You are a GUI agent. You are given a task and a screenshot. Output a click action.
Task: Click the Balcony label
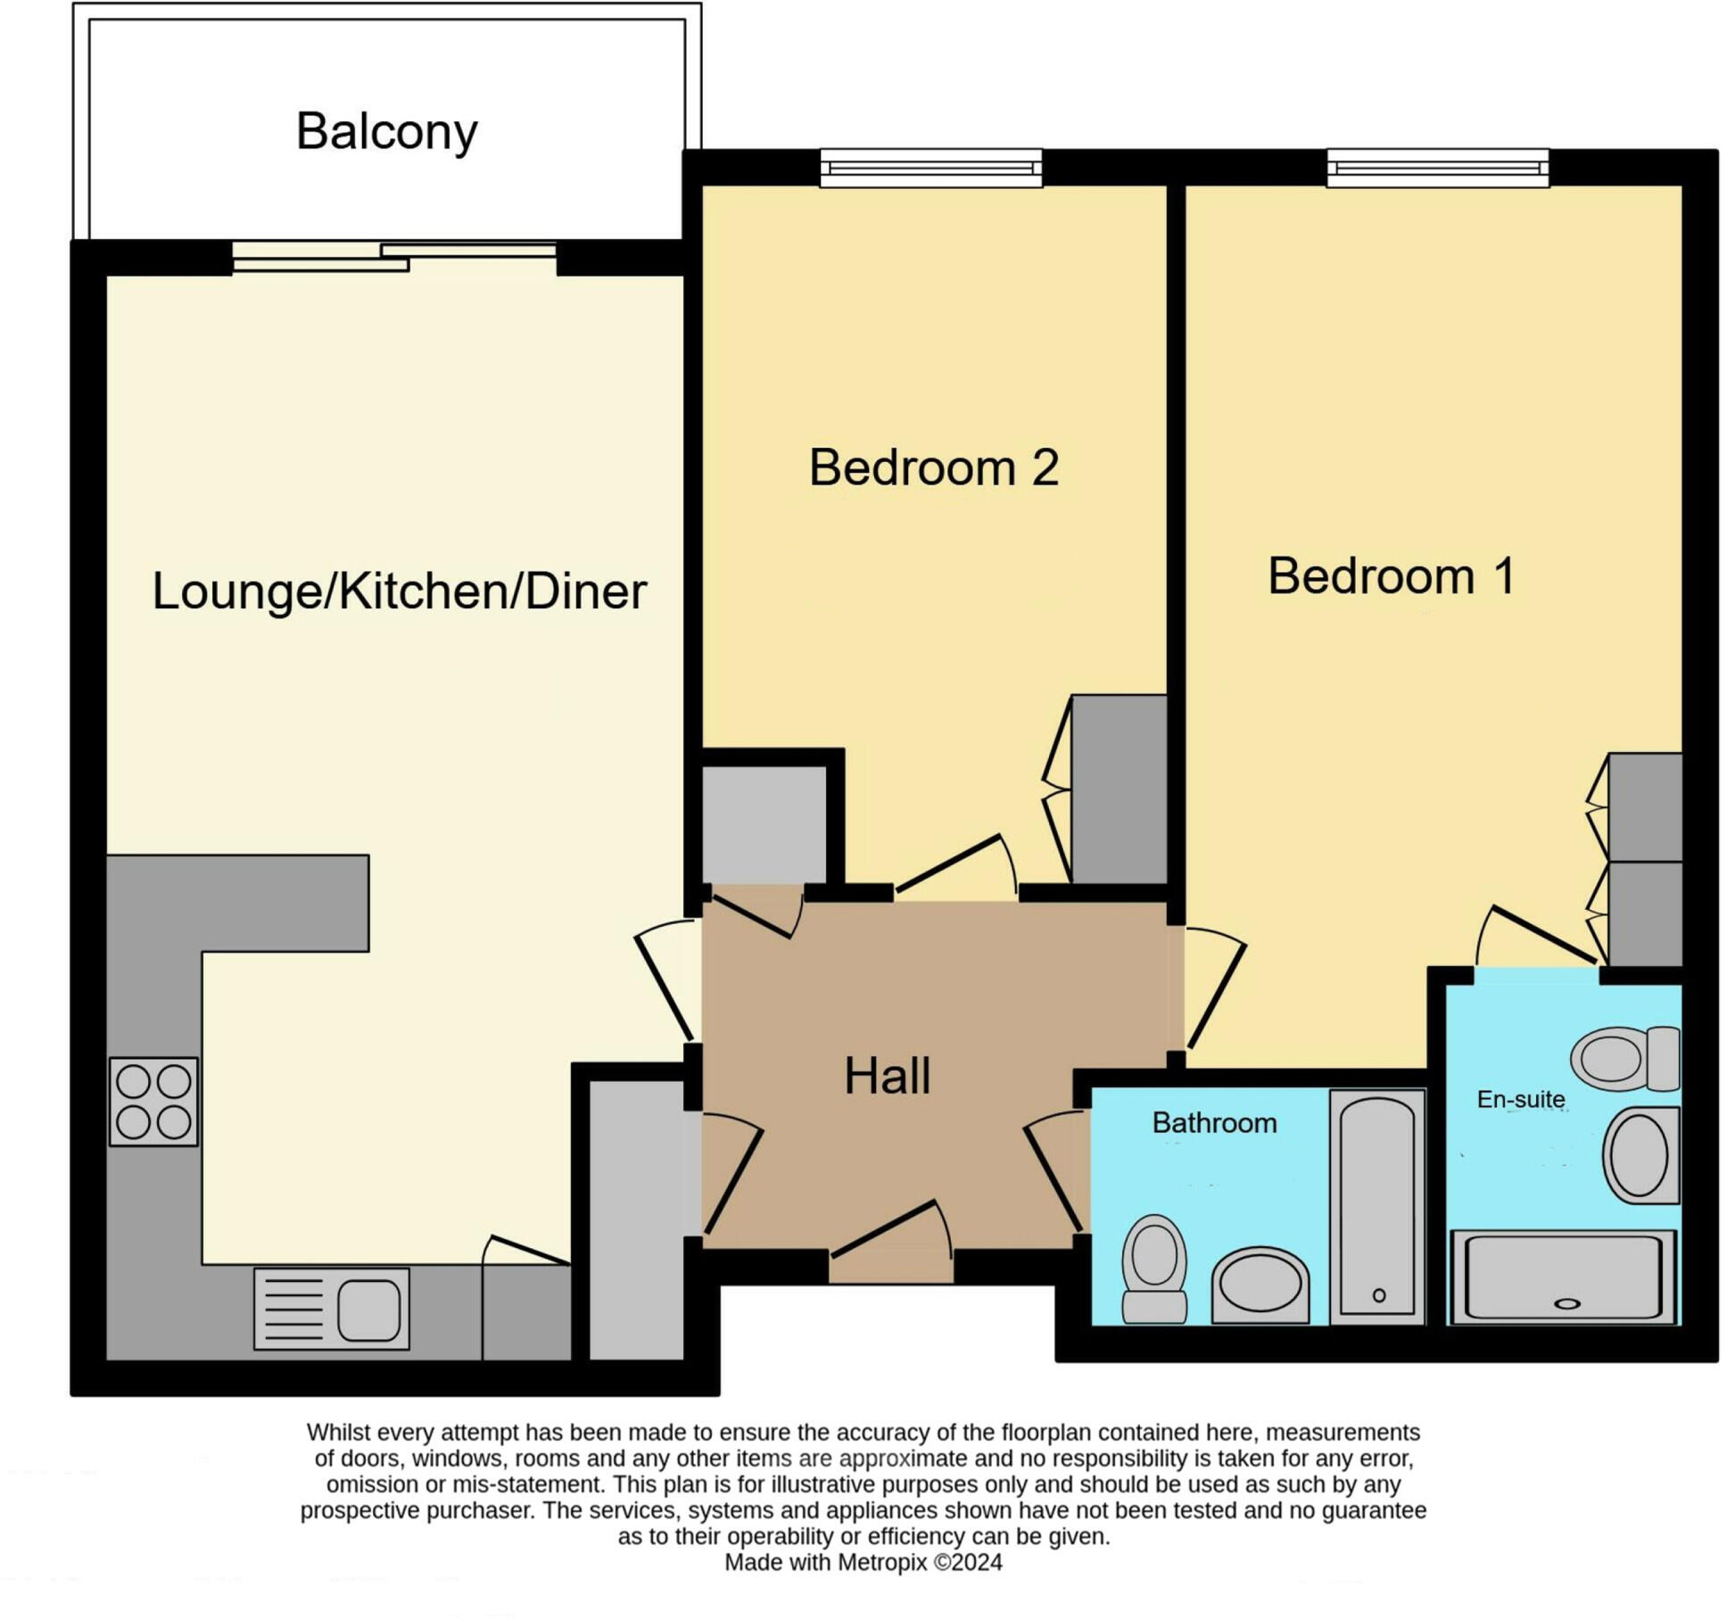tap(386, 132)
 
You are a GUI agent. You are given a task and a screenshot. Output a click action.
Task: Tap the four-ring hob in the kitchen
tap(153, 1102)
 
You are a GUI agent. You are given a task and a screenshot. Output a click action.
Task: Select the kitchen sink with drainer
tap(331, 1309)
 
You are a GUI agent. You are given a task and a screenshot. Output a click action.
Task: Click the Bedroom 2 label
tap(933, 467)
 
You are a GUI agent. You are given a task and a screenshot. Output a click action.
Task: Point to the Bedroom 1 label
tap(1391, 576)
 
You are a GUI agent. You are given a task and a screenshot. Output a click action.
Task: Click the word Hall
tap(887, 1076)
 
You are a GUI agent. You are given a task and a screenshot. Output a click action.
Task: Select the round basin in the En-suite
tap(1640, 1156)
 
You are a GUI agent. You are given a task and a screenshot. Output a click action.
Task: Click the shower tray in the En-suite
tap(1563, 1277)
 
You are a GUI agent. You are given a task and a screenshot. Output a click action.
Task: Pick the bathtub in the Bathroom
tap(1376, 1206)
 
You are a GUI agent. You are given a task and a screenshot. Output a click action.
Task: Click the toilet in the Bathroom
tap(1154, 1269)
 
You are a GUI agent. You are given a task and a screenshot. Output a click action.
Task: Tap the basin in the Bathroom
tap(1260, 1285)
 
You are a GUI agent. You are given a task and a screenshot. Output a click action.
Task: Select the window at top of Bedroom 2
tap(930, 168)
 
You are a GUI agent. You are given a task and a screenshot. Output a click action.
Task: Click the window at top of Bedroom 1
tap(1437, 168)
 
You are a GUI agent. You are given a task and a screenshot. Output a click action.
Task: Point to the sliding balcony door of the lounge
tap(393, 256)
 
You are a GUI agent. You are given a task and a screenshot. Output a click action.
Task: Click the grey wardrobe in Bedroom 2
tap(1119, 789)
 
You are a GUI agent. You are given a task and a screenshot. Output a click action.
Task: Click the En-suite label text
tap(1520, 1100)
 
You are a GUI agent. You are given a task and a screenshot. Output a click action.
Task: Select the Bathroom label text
tap(1214, 1123)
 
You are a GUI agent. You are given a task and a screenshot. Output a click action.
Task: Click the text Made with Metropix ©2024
tap(863, 1562)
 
